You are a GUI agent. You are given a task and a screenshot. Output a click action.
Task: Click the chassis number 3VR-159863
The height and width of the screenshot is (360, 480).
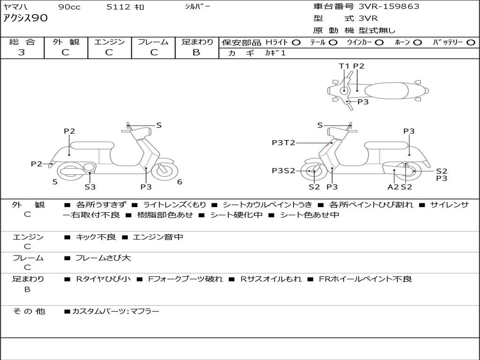click(x=389, y=7)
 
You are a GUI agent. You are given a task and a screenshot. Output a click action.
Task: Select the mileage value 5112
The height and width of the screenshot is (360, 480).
click(x=118, y=7)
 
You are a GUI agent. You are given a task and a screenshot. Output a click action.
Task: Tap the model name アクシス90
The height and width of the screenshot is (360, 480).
click(x=25, y=19)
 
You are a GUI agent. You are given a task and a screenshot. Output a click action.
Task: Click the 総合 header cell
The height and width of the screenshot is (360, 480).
click(x=22, y=42)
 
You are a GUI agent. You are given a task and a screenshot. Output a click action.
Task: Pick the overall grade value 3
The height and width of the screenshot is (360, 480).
click(x=22, y=52)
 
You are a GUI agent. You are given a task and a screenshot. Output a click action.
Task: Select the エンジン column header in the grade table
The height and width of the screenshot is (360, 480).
click(x=109, y=42)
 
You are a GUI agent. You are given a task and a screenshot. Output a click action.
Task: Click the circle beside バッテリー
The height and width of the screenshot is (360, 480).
click(x=471, y=42)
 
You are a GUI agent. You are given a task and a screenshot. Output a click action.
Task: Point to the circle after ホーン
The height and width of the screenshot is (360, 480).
click(x=418, y=42)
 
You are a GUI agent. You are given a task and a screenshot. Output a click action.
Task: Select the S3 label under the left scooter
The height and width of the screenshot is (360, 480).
click(x=90, y=187)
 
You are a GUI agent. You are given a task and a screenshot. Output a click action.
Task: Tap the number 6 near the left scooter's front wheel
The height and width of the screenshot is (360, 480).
click(x=180, y=182)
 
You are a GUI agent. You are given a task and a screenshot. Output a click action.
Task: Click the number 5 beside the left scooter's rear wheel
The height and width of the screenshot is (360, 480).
click(x=55, y=182)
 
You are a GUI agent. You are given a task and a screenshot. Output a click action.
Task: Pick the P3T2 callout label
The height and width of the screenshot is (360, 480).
click(x=284, y=143)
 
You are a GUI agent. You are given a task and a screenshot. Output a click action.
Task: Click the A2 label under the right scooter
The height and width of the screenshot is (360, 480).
click(x=393, y=187)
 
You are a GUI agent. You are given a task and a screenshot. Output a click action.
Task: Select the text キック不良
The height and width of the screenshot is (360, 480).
click(x=96, y=237)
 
